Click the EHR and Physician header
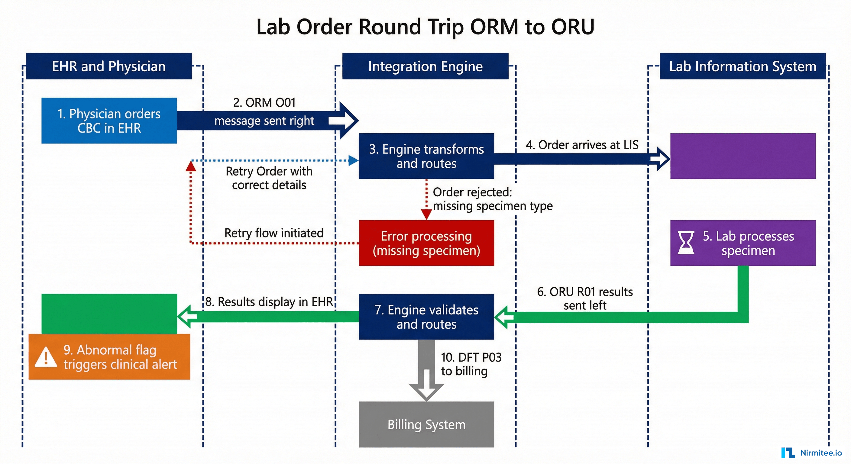coord(109,66)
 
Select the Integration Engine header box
coord(425,66)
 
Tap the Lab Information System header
coord(742,66)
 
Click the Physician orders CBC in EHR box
coord(109,121)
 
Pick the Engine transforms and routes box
coord(426,156)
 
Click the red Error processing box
coord(426,243)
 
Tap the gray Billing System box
coord(426,424)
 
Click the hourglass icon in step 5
coord(686,243)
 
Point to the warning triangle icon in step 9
coord(46,357)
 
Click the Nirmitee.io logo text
coord(821,453)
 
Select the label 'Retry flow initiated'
coord(274,233)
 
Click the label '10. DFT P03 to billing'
coord(471,364)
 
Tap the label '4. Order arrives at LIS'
coord(582,145)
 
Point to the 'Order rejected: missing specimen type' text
coord(492,199)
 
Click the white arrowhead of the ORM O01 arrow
coord(345,121)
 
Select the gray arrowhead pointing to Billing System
coord(426,390)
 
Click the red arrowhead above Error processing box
coord(426,215)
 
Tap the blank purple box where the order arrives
coord(743,156)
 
